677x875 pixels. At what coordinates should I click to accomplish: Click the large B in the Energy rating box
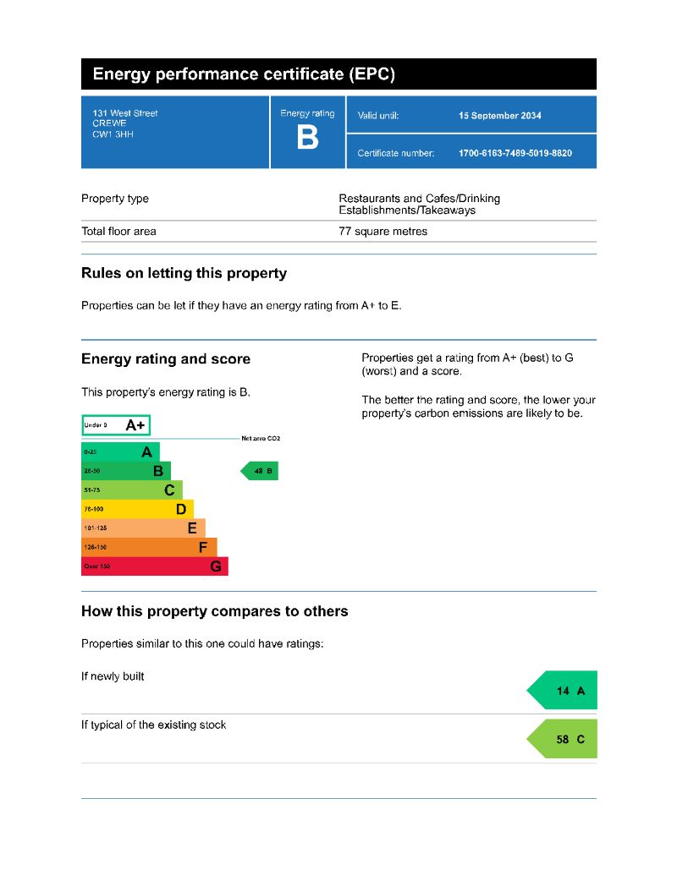click(308, 138)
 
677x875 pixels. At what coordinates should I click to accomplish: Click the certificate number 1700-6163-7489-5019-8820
click(515, 153)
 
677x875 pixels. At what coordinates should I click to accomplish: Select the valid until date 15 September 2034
click(499, 116)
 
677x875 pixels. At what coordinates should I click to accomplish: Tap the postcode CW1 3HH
click(113, 134)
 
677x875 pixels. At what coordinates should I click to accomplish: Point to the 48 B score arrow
click(261, 471)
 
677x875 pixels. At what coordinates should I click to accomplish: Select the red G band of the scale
click(154, 566)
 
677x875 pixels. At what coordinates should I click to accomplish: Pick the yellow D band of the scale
click(137, 509)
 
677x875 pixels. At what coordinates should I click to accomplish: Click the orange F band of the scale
click(148, 547)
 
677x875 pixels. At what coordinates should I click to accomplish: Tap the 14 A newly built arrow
click(564, 691)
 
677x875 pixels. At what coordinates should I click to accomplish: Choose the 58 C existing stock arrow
click(564, 739)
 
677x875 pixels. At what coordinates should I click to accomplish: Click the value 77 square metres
click(383, 232)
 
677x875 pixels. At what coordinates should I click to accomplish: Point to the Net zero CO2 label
click(261, 439)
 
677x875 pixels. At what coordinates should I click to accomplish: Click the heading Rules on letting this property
click(184, 274)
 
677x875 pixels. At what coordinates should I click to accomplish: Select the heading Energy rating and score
click(166, 359)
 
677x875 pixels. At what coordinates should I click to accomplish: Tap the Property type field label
click(115, 199)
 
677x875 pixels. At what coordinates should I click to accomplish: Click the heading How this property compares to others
click(214, 611)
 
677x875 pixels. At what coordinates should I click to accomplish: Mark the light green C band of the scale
click(131, 489)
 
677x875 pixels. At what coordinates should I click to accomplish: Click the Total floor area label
click(118, 232)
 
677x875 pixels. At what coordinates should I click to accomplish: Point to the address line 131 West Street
click(125, 113)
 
